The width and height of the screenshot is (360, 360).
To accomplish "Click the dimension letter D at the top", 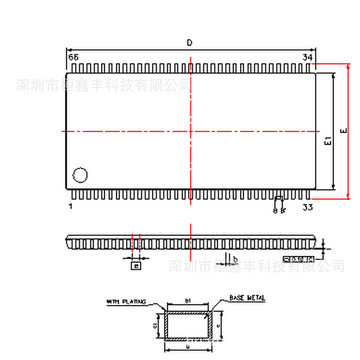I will (x=190, y=41).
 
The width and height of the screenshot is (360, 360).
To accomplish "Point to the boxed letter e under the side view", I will (x=137, y=266).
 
